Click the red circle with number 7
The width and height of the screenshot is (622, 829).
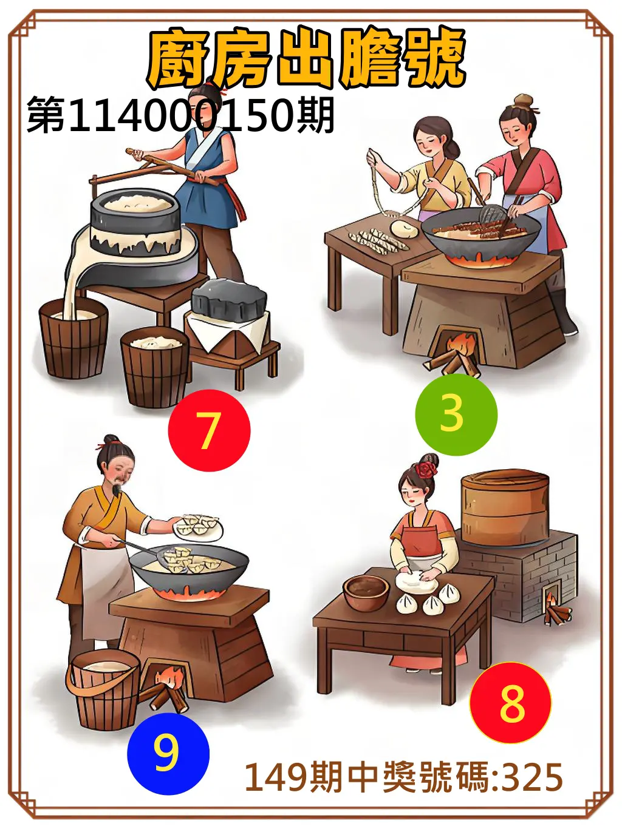pyautogui.click(x=209, y=430)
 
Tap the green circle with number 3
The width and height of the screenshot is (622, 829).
pyautogui.click(x=456, y=414)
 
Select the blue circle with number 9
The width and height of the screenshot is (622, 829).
pyautogui.click(x=168, y=754)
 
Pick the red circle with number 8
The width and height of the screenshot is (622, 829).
pyautogui.click(x=510, y=703)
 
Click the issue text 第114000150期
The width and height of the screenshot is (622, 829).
pyautogui.click(x=180, y=115)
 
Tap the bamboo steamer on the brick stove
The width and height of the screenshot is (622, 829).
pyautogui.click(x=505, y=507)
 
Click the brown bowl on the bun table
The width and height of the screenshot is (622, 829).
pyautogui.click(x=366, y=592)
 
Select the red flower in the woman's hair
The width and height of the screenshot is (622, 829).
pyautogui.click(x=427, y=468)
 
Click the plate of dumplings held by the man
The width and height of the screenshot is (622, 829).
pyautogui.click(x=199, y=526)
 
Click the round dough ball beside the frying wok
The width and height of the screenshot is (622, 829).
pyautogui.click(x=404, y=228)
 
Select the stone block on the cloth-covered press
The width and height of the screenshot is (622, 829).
pyautogui.click(x=229, y=299)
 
